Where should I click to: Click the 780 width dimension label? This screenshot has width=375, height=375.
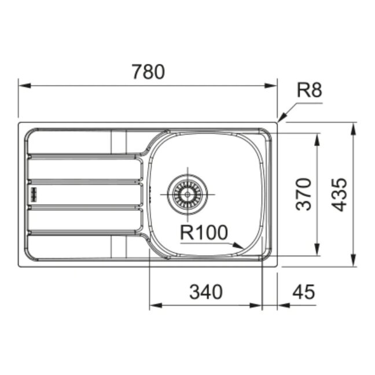click(x=148, y=72)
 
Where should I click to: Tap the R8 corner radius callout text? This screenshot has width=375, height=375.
click(x=309, y=90)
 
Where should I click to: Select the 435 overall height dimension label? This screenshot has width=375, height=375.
click(x=340, y=194)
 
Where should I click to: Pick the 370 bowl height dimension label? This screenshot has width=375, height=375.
click(x=304, y=194)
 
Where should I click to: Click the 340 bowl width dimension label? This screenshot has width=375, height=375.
click(x=205, y=292)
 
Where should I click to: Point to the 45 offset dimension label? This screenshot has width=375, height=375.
click(x=304, y=292)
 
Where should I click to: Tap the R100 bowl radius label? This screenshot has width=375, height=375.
click(x=204, y=232)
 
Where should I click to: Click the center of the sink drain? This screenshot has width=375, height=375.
click(x=187, y=194)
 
